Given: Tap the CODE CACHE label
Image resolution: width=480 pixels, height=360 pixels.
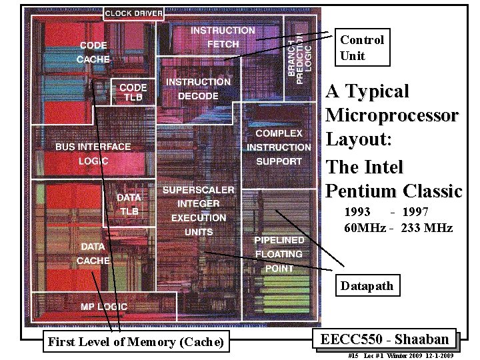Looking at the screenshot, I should [x=93, y=53].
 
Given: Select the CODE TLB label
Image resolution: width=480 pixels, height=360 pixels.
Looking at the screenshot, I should [x=133, y=92].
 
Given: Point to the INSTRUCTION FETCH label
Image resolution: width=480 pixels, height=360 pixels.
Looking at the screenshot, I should [x=223, y=37].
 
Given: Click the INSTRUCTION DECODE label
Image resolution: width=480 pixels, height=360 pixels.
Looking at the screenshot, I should [x=198, y=89].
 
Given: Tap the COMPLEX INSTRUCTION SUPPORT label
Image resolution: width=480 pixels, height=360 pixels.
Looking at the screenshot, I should [x=279, y=147].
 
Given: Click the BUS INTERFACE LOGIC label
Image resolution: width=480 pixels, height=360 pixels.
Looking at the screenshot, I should [x=93, y=154].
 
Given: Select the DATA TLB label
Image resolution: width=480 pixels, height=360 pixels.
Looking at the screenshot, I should [x=129, y=205].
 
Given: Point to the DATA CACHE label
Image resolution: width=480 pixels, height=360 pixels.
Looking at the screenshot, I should [x=93, y=254].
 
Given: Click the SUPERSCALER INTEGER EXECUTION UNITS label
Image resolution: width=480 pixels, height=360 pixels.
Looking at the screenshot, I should [x=199, y=211].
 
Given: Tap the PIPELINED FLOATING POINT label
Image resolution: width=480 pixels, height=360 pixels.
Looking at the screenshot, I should [x=279, y=254].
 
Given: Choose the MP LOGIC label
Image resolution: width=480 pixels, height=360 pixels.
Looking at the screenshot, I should [x=103, y=307].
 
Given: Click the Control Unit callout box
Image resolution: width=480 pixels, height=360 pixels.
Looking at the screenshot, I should [x=362, y=48].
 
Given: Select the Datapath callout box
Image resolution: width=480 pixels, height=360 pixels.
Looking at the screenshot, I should [x=367, y=287].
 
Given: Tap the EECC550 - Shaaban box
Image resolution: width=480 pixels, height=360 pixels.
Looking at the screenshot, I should [x=385, y=339].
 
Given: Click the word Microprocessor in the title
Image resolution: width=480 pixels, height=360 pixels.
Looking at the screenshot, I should [x=391, y=115].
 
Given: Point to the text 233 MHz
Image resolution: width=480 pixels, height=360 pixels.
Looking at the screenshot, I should [x=427, y=228].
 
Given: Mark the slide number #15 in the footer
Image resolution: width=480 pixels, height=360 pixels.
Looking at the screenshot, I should [x=353, y=355].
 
